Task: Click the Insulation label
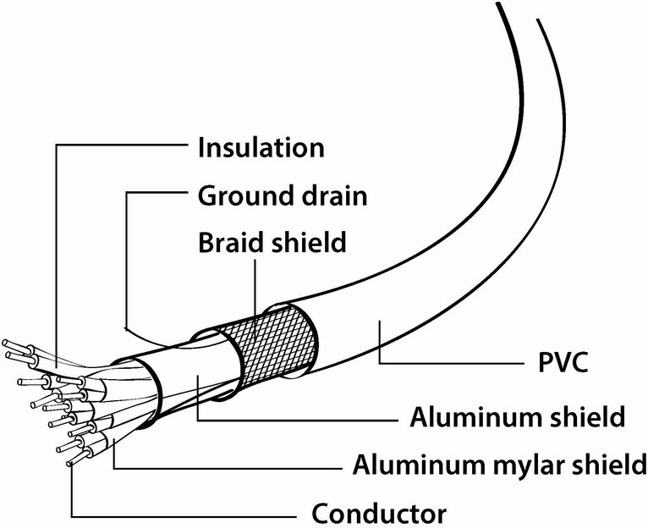[x=261, y=147]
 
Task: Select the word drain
[x=334, y=195]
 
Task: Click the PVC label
[x=563, y=362]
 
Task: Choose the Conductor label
[x=379, y=514]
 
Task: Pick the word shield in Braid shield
[x=308, y=242]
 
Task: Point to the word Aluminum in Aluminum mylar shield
[x=419, y=464]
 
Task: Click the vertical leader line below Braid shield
[x=255, y=294]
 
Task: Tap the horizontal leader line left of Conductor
[x=184, y=517]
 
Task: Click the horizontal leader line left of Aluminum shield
[x=298, y=420]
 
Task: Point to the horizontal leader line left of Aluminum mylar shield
[x=228, y=469]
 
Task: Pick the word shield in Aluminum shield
[x=586, y=417]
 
